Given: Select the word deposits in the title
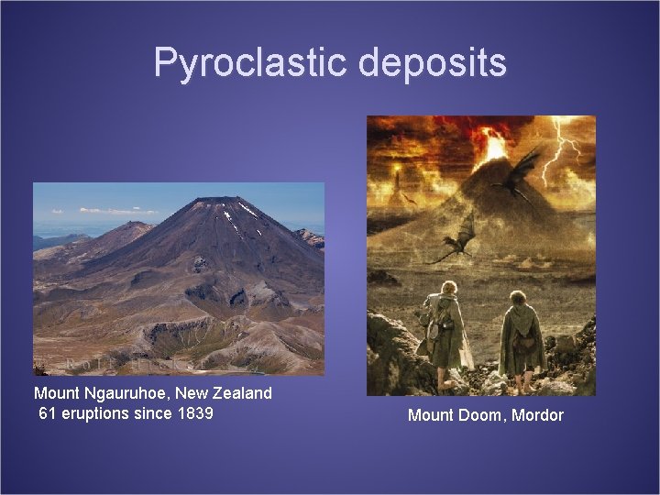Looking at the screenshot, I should pos(433,62).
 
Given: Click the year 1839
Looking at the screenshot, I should pos(194,413).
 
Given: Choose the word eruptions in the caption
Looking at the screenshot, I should pos(98,413).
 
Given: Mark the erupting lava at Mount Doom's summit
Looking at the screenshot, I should pos(495,146).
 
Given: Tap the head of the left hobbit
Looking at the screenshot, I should pos(447,292).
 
